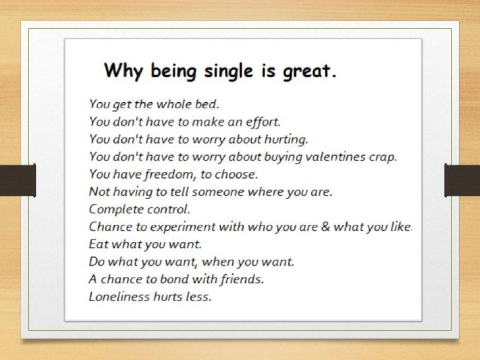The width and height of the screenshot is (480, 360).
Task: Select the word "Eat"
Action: click(98, 245)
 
